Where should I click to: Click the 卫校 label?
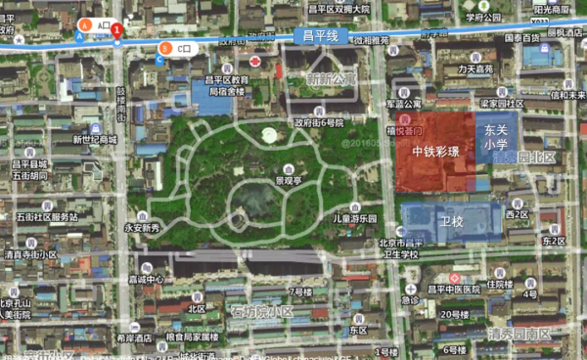[x=451, y=222]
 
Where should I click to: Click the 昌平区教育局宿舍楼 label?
[x=227, y=86]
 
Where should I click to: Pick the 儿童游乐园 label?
[x=354, y=218]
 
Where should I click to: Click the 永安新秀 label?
[x=141, y=228]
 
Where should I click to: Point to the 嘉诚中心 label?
[x=145, y=279]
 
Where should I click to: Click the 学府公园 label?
[x=482, y=17]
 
